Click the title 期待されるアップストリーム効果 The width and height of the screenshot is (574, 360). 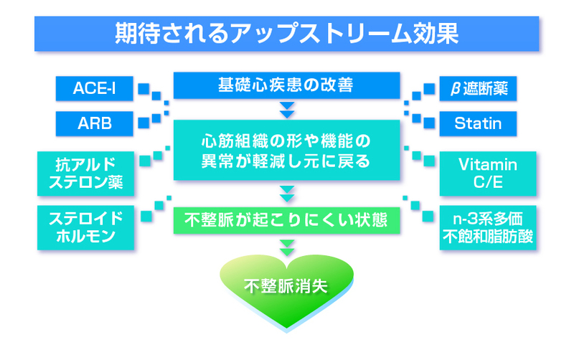click(286, 34)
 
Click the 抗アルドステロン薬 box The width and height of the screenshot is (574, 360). click(85, 172)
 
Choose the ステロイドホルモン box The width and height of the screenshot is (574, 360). click(85, 227)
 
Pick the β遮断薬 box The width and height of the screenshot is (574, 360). click(479, 88)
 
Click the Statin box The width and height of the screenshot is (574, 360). click(479, 123)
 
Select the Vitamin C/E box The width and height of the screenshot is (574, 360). click(487, 172)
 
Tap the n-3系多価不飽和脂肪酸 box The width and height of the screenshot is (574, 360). click(487, 227)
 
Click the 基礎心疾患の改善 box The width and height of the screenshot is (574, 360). click(286, 85)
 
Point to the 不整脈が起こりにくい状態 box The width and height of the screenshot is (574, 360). click(286, 219)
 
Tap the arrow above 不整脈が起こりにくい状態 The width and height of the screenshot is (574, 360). click(287, 193)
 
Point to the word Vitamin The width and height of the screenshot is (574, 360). click(487, 163)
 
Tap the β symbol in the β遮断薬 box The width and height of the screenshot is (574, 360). click(454, 90)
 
